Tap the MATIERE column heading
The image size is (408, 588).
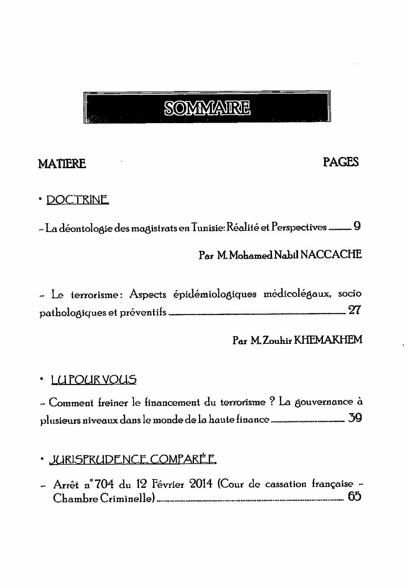[62, 164]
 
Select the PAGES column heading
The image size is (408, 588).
[341, 162]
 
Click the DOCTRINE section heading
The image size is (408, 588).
[78, 200]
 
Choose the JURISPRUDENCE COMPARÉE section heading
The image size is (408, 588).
[133, 460]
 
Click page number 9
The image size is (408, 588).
[357, 227]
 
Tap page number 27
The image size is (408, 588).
[354, 310]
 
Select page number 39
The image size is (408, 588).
[355, 418]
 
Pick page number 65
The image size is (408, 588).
[355, 497]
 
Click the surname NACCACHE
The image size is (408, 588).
[330, 255]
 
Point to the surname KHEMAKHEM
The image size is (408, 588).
[328, 340]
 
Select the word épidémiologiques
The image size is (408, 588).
[215, 295]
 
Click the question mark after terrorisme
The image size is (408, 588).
[272, 402]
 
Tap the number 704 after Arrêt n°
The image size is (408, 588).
[105, 485]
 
